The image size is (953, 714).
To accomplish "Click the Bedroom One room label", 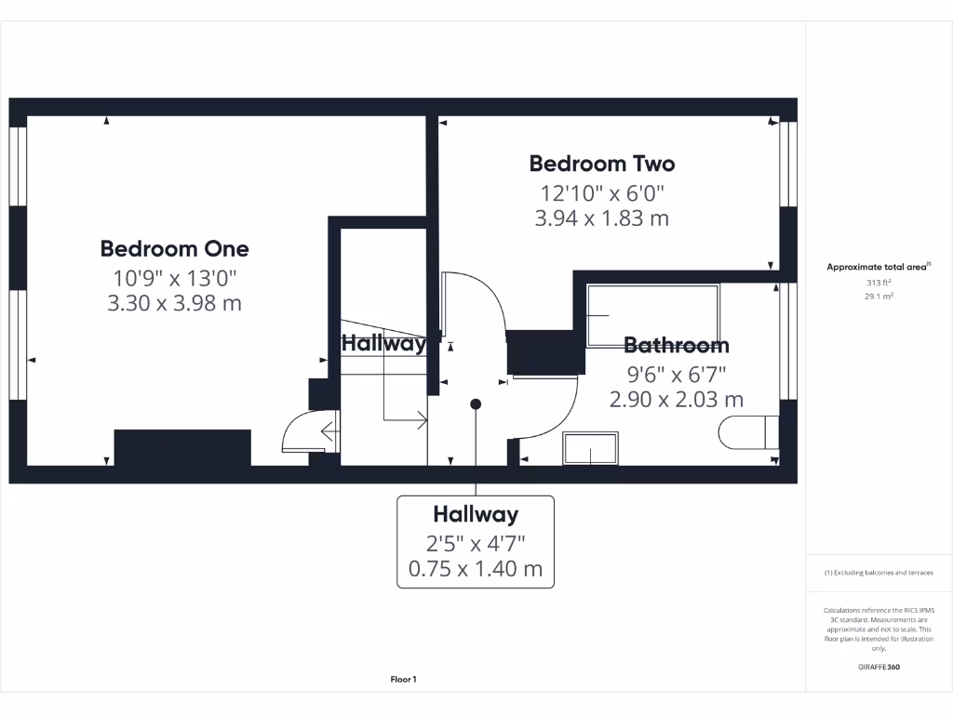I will (x=174, y=249).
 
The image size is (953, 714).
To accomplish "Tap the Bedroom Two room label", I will (x=602, y=164).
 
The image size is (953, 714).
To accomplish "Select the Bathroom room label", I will (x=677, y=346).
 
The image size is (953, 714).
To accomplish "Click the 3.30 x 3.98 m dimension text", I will (x=174, y=303).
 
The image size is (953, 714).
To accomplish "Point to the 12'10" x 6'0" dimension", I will (x=602, y=192).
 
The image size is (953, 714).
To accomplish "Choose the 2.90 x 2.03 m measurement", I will (x=677, y=400).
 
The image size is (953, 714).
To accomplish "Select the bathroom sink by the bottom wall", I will (x=589, y=448).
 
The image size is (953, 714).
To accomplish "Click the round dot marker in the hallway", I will (x=476, y=404).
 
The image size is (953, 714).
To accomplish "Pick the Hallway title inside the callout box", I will (x=476, y=514).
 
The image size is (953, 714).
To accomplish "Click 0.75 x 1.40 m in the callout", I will (x=476, y=569).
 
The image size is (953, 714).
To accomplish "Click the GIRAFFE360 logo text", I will (x=879, y=667).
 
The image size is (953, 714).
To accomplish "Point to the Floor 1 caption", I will (x=403, y=681).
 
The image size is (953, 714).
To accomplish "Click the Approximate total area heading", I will (x=878, y=267).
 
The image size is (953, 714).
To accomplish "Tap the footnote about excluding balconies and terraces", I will (x=879, y=573).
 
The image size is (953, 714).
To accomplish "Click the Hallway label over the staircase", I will (x=383, y=343).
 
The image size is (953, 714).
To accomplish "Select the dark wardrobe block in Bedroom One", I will (x=182, y=447).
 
